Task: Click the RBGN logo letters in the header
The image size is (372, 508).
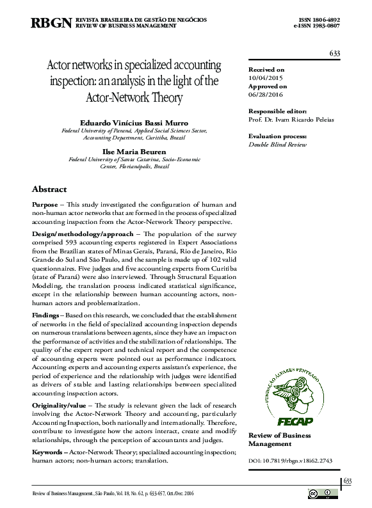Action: (51, 23)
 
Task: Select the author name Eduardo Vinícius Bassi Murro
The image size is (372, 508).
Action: (133, 120)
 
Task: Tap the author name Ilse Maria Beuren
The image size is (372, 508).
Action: (133, 151)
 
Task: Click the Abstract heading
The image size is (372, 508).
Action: (49, 189)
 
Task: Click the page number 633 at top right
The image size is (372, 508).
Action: (334, 52)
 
